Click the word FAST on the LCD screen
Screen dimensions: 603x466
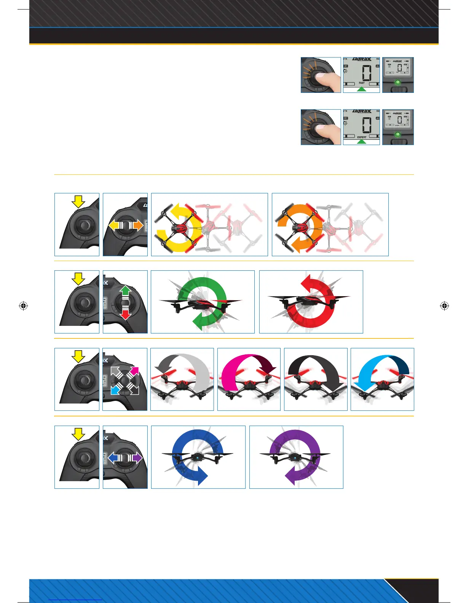click(362, 83)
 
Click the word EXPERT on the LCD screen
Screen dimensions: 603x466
click(362, 137)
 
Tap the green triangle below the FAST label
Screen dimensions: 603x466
click(362, 89)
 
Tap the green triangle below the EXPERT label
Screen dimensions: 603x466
click(362, 142)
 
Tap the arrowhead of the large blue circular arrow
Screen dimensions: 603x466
click(201, 477)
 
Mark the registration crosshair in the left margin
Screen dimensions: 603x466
click(23, 306)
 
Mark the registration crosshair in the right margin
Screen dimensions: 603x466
click(444, 306)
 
